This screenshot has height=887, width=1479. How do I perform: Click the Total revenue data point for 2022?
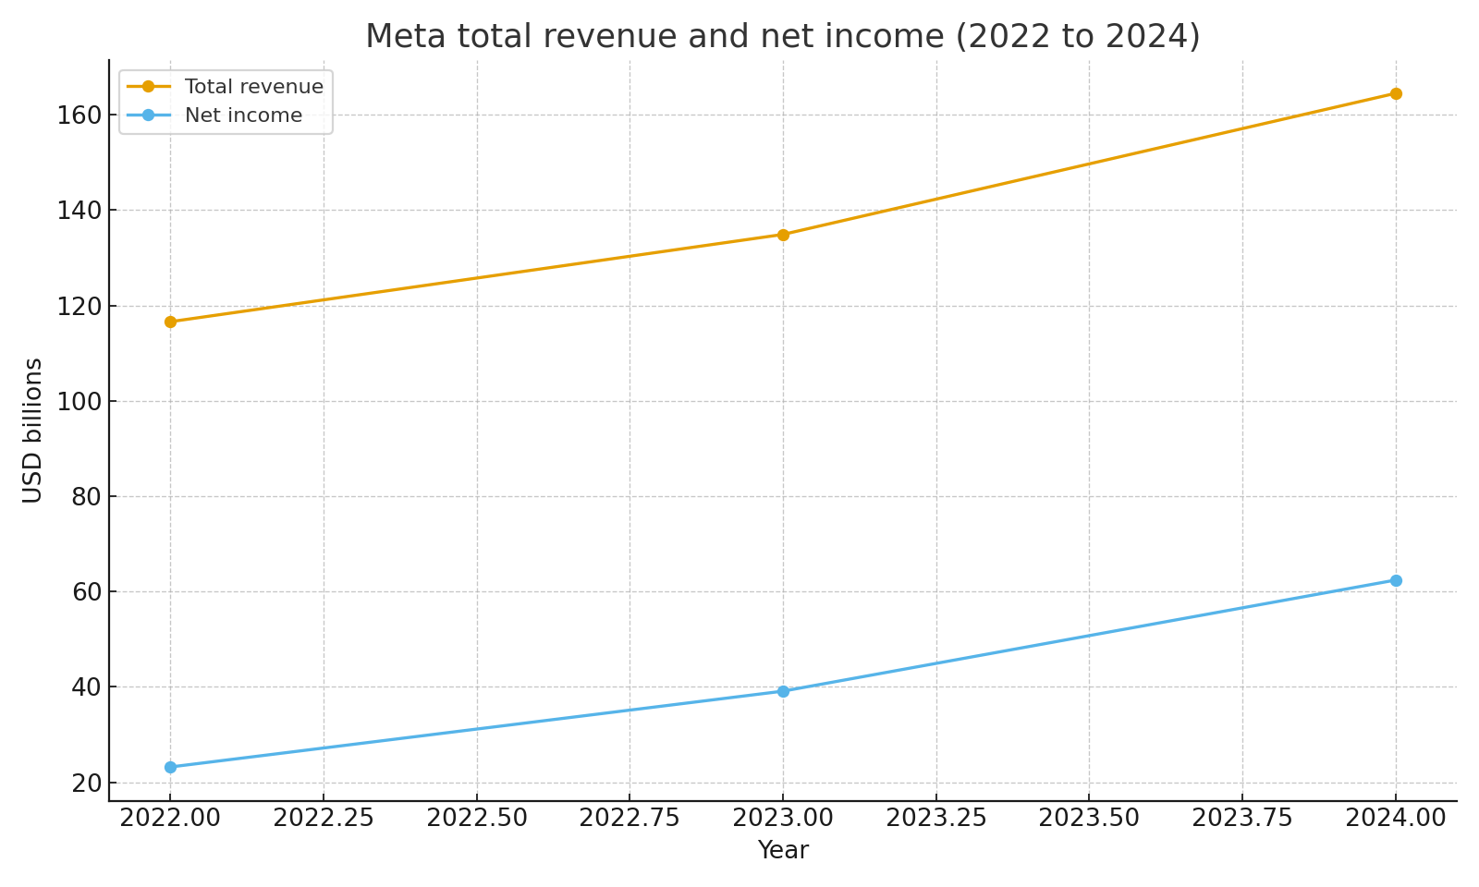coord(170,322)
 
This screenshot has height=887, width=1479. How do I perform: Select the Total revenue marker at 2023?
coord(783,235)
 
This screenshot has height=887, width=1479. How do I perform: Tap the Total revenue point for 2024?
coord(1396,93)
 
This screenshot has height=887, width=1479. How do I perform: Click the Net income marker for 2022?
coord(170,767)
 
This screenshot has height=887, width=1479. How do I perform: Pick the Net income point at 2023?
coord(783,691)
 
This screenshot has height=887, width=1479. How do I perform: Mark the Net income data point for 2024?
coord(1396,580)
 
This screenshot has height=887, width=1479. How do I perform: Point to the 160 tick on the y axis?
coord(80,115)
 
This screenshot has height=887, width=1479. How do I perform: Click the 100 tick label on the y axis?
coord(80,401)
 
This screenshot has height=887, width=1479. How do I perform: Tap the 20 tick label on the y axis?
coord(86,783)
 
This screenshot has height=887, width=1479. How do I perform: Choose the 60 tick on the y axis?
coord(86,591)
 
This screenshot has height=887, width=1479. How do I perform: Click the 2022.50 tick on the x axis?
coord(477,819)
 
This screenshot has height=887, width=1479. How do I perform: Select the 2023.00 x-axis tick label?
coord(783,819)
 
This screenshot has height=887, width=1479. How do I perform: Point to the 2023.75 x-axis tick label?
coord(1242,819)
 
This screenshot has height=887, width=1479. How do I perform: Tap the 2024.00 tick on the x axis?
coord(1396,819)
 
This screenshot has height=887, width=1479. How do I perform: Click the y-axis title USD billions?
coord(33,431)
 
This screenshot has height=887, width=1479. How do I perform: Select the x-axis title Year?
coord(783,851)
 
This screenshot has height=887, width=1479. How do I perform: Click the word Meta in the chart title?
coord(403,37)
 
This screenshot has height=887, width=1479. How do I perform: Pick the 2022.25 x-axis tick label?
coord(324,819)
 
